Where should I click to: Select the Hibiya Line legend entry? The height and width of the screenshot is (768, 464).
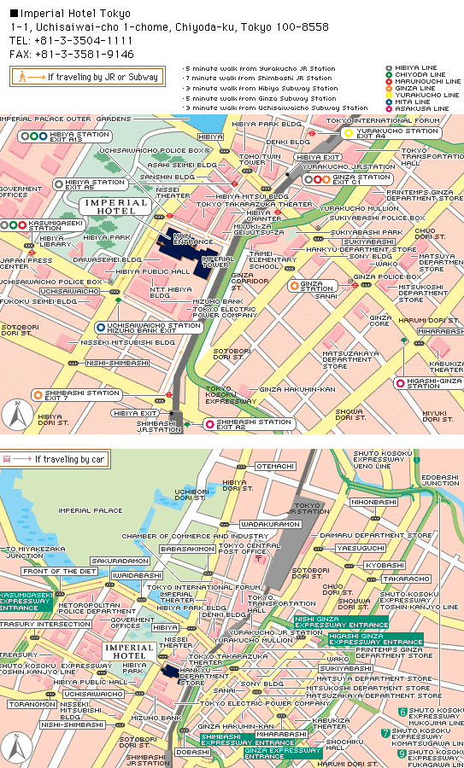[x=416, y=67]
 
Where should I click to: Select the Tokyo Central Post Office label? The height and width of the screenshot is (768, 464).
[x=249, y=548]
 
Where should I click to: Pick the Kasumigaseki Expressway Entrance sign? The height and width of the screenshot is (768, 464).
[x=26, y=601]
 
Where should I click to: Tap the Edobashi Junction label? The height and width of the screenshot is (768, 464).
[x=439, y=480]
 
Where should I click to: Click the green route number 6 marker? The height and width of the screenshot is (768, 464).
[x=402, y=712]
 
